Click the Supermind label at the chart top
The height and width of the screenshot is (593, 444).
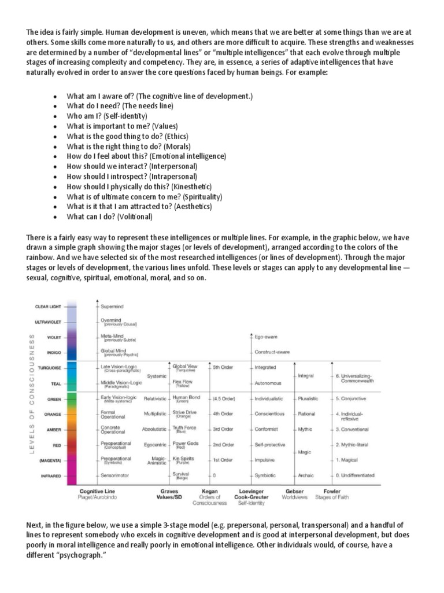click(x=114, y=305)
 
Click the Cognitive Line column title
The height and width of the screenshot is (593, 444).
click(x=95, y=490)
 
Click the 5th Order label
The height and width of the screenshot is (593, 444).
click(x=223, y=367)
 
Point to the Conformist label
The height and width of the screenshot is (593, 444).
click(x=267, y=429)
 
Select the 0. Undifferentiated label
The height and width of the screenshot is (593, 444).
click(x=356, y=475)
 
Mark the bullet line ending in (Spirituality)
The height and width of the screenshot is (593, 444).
click(x=145, y=197)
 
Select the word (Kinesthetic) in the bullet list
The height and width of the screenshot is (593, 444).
click(x=192, y=186)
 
